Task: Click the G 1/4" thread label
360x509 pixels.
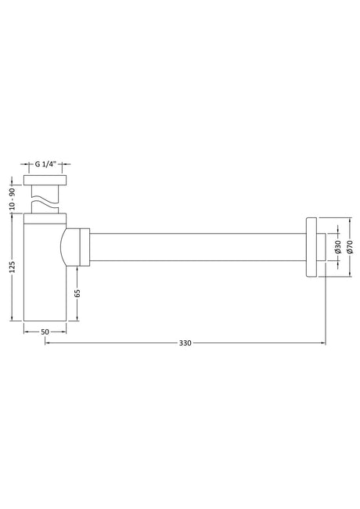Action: point(45,164)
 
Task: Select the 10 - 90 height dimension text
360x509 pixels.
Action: point(12,199)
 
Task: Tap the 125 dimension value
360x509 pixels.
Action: point(12,267)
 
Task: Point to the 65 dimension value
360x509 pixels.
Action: point(77,293)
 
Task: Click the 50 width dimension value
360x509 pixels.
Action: point(45,332)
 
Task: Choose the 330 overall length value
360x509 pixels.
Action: point(185,342)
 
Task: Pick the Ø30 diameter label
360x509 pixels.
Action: point(337,247)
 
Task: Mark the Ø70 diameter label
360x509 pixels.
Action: point(350,247)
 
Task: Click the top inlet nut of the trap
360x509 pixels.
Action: point(45,181)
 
